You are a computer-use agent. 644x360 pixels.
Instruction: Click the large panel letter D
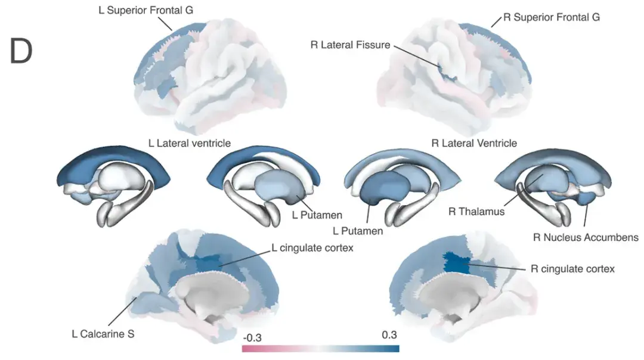tap(21, 51)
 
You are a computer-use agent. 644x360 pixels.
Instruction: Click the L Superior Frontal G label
tap(146, 10)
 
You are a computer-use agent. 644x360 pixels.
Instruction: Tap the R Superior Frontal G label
tap(552, 17)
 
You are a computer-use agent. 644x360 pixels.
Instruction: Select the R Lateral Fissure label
tap(351, 45)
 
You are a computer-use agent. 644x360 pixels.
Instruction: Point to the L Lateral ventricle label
tap(190, 143)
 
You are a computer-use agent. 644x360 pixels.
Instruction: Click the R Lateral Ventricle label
tap(474, 143)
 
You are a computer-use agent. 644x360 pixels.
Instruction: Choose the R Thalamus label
tap(476, 212)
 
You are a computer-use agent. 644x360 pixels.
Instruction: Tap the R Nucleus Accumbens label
tap(586, 237)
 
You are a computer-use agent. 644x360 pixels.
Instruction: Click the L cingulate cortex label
tap(312, 248)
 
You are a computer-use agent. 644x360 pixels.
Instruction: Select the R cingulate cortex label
tap(572, 269)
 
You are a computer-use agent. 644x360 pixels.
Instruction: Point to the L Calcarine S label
tap(103, 334)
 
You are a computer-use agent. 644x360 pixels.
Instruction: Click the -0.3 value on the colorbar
tap(252, 338)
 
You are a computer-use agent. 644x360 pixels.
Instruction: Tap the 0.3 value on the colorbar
tap(389, 335)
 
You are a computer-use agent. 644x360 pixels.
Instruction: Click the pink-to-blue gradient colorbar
tap(321, 349)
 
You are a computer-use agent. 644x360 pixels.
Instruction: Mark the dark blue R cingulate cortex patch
tap(457, 263)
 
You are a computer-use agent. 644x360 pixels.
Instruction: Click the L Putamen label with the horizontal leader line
tap(317, 215)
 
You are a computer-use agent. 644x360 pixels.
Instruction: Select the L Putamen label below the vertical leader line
tap(358, 231)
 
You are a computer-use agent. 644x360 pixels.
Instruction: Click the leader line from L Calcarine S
tap(122, 312)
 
